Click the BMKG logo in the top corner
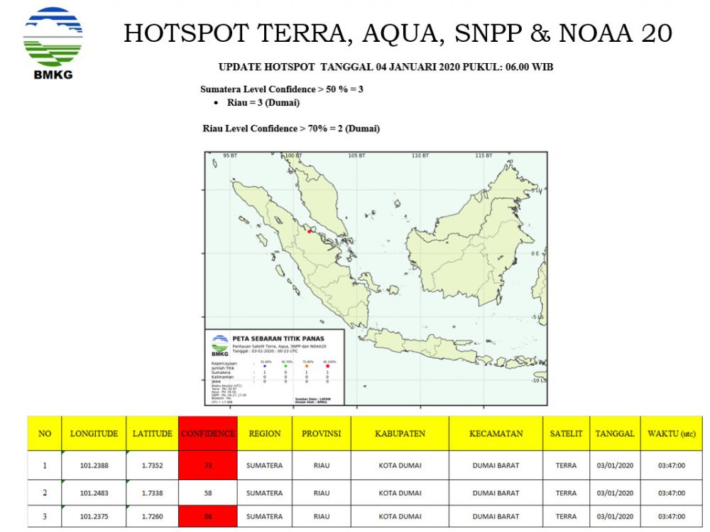point(53,41)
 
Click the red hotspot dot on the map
point(310,231)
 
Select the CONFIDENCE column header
point(208,433)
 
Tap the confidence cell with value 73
point(208,466)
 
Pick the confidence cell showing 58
point(208,493)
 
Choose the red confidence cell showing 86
point(208,516)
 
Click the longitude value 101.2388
point(94,466)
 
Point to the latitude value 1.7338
point(152,493)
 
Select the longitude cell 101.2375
point(94,516)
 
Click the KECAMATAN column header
point(496,433)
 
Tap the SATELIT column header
point(566,433)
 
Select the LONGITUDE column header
point(94,433)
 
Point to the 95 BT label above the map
point(229,155)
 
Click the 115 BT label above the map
point(484,155)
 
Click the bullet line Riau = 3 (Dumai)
point(263,103)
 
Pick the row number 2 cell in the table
point(45,493)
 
